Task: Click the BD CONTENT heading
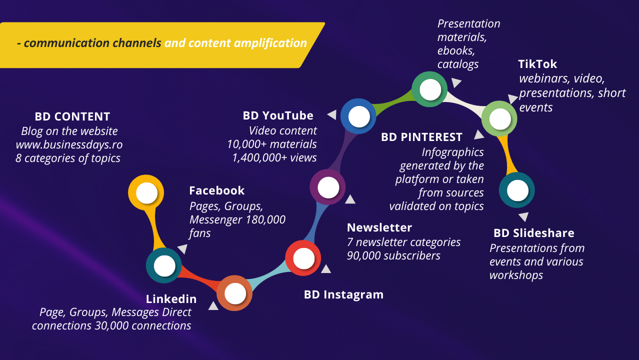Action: click(x=72, y=116)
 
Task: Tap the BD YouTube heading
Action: click(x=278, y=116)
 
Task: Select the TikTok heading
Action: click(x=537, y=64)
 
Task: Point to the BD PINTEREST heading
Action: click(x=421, y=137)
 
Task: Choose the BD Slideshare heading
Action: click(x=534, y=233)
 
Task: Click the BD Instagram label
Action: click(x=343, y=294)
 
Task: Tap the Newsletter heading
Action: click(x=379, y=227)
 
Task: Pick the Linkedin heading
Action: click(x=171, y=299)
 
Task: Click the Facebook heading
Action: click(x=217, y=190)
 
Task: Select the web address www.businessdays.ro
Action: click(x=69, y=144)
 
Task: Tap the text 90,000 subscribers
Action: click(x=393, y=255)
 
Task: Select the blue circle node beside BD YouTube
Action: click(x=358, y=116)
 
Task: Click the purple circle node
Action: click(x=328, y=187)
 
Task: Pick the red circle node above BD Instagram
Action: click(x=303, y=258)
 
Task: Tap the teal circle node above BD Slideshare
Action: click(x=517, y=190)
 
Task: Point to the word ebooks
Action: click(x=456, y=51)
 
